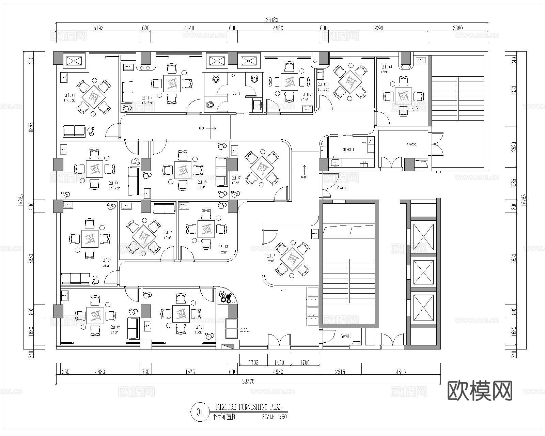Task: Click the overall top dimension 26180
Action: pyautogui.click(x=271, y=20)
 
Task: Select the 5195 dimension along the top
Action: pyautogui.click(x=98, y=28)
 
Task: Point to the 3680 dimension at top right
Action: pyautogui.click(x=458, y=28)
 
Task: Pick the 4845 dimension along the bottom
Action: pyautogui.click(x=401, y=372)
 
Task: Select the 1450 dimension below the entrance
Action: pyautogui.click(x=279, y=362)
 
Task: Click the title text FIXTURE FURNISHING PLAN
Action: pyautogui.click(x=248, y=407)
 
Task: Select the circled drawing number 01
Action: pyautogui.click(x=200, y=412)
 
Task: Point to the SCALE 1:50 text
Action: pyautogui.click(x=275, y=417)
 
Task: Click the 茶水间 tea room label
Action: pyautogui.click(x=348, y=150)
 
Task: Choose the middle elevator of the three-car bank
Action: pyautogui.click(x=423, y=271)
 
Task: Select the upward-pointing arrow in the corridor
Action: pyautogui.click(x=303, y=169)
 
